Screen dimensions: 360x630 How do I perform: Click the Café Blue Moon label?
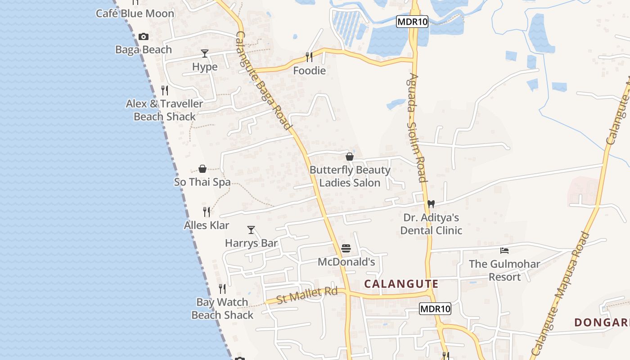[135, 13]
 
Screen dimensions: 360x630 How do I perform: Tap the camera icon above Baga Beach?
[144, 37]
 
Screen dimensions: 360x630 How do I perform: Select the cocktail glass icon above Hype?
[205, 54]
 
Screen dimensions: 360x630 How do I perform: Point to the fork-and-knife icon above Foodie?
[309, 57]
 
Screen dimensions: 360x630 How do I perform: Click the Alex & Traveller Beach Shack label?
[165, 110]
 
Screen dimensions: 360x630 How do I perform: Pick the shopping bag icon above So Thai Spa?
[202, 169]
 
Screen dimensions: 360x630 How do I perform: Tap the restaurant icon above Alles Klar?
[207, 211]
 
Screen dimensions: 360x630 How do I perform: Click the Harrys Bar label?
[251, 243]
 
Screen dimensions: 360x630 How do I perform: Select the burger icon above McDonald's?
[346, 248]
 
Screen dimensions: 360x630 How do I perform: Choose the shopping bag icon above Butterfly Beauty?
[350, 157]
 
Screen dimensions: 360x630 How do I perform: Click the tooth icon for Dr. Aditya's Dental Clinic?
[431, 204]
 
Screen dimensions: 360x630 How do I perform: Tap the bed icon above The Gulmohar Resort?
[504, 251]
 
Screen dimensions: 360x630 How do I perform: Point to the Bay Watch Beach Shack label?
[222, 309]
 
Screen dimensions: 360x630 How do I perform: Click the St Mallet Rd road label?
[307, 295]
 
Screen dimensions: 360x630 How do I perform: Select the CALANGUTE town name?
[401, 284]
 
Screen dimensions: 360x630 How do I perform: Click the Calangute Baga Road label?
[263, 81]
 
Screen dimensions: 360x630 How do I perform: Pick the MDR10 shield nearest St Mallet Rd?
[435, 309]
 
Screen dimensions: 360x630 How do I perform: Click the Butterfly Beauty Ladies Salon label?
[350, 176]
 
